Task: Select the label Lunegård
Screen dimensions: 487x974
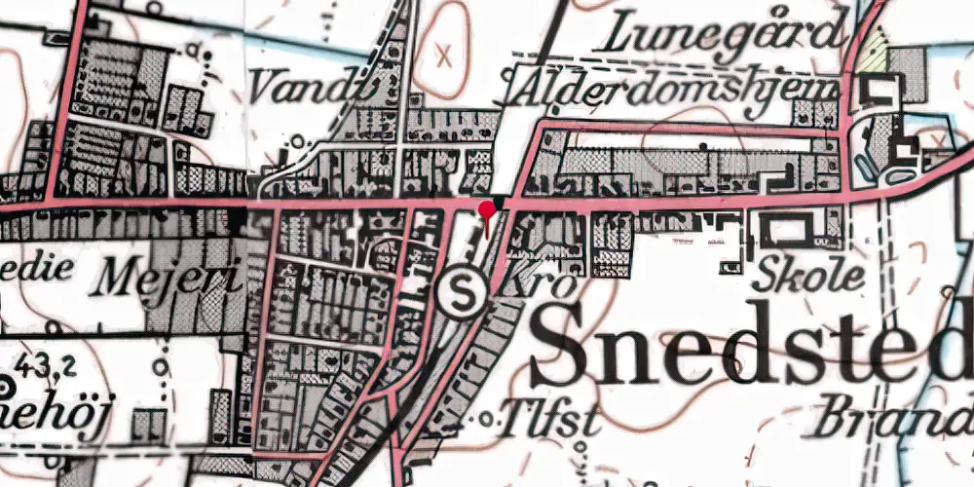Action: (x=722, y=36)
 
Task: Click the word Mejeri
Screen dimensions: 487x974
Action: (x=166, y=279)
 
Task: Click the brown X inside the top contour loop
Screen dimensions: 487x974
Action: (x=446, y=54)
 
